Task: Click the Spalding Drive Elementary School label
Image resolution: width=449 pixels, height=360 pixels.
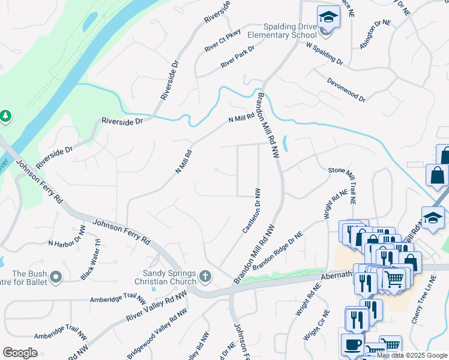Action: pos(291,31)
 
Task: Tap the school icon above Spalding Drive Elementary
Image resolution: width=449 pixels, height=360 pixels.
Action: pos(328,17)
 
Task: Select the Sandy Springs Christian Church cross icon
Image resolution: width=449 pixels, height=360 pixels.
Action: pos(205,277)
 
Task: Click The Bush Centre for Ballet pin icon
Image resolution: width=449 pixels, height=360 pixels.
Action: pos(56,277)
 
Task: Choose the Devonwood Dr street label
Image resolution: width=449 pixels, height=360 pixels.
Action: pos(346,89)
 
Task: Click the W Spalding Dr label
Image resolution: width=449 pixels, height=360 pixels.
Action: pos(324,53)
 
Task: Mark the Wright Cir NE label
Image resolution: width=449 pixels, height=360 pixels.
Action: pos(316,325)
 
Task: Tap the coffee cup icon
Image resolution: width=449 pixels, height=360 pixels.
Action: pos(352,344)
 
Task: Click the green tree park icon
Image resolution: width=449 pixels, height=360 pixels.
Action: pos(5,115)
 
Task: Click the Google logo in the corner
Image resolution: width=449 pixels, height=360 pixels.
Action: pos(20,352)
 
